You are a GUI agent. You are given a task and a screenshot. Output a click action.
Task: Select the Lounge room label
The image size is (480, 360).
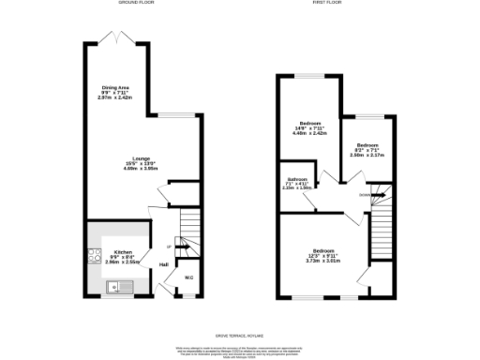[x=142, y=157]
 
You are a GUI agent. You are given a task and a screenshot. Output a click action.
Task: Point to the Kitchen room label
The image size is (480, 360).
[x=123, y=252]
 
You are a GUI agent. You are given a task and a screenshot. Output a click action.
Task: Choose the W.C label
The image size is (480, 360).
[x=187, y=277]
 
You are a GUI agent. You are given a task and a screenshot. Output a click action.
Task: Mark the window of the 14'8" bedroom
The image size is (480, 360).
[x=310, y=74]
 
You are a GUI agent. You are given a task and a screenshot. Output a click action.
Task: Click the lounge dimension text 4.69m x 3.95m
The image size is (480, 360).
[x=142, y=169]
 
